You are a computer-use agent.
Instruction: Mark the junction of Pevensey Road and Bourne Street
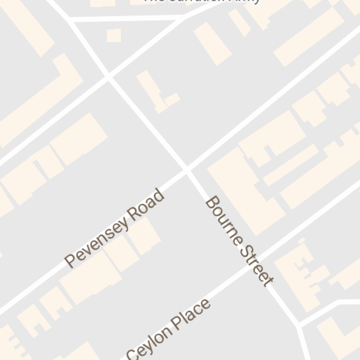tap(187, 169)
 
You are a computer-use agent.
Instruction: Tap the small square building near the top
tap(113, 35)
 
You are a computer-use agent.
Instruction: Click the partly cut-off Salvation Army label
tap(202, 1)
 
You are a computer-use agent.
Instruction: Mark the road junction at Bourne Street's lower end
tap(300, 325)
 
